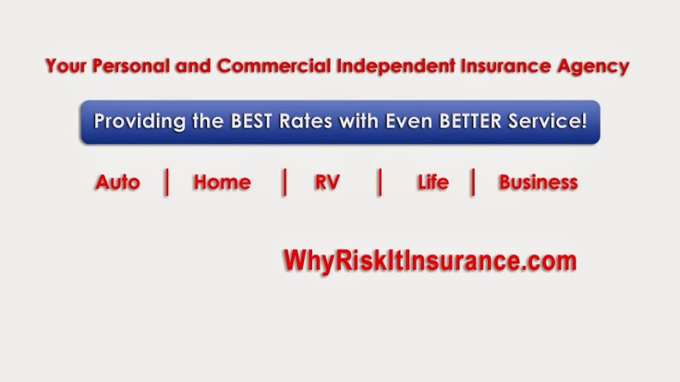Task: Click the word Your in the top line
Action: tap(66, 66)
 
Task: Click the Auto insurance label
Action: tap(118, 182)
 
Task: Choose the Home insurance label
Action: tap(222, 182)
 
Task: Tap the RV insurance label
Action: tap(327, 182)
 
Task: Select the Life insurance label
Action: tap(433, 182)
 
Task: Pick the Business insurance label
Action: tap(538, 182)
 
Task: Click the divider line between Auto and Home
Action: tap(167, 182)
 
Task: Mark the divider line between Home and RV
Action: tap(285, 182)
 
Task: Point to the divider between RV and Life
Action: tap(379, 182)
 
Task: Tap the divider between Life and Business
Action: tap(473, 182)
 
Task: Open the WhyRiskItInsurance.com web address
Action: tap(430, 259)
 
